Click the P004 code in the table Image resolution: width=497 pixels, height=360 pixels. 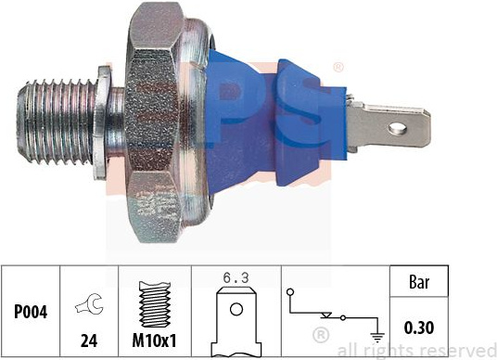(x=31, y=312)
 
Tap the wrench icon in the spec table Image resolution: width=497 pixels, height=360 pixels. (x=89, y=304)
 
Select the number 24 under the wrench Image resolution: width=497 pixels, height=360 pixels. (x=89, y=341)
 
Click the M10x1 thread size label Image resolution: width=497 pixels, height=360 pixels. (x=154, y=341)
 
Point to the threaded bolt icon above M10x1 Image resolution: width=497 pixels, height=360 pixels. (x=155, y=303)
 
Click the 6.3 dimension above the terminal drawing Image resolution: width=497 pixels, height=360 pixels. (x=236, y=278)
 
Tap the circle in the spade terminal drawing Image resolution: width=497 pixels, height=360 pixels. (x=236, y=309)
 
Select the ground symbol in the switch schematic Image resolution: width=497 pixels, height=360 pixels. (x=376, y=337)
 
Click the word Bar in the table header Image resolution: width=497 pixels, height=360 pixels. (x=419, y=281)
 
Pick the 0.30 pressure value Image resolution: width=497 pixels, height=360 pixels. (x=419, y=328)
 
